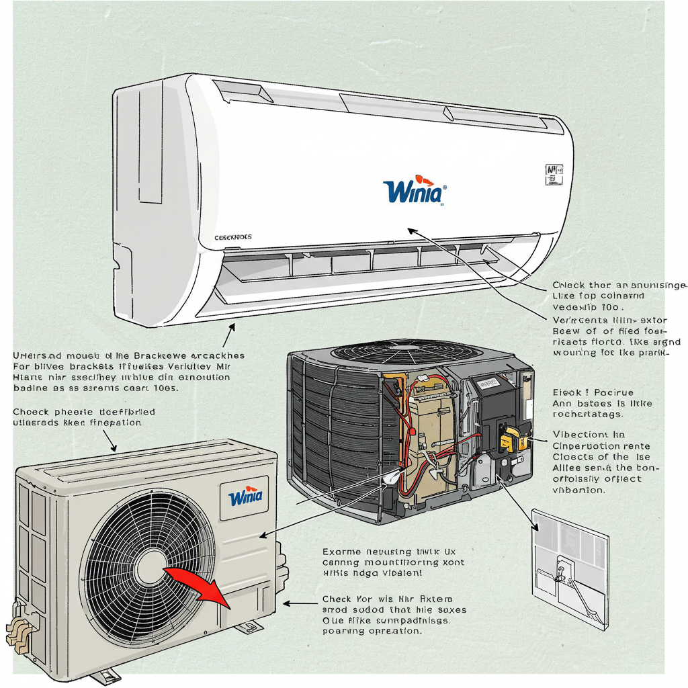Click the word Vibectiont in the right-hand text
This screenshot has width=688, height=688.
point(579,434)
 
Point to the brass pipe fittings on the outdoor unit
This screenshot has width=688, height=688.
point(19,632)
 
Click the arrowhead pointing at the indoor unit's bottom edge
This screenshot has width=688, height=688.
point(232,327)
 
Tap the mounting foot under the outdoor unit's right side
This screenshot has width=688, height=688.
point(248,628)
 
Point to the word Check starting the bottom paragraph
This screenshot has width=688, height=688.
point(337,599)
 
